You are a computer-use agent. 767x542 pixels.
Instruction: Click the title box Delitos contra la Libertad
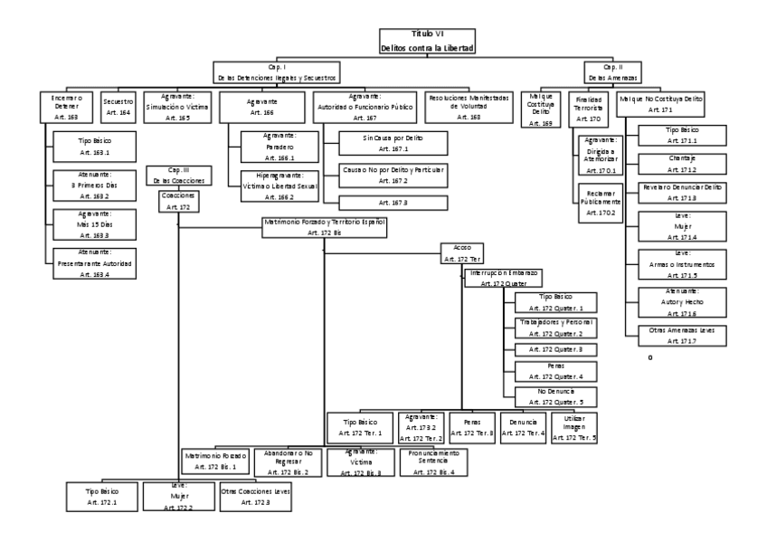428,40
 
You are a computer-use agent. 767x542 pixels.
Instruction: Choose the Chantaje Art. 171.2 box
682,162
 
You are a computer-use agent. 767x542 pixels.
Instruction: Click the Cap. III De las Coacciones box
178,175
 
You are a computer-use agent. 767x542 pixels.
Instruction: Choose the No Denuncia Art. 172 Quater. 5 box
554,396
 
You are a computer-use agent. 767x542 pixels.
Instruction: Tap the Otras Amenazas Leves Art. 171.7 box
682,335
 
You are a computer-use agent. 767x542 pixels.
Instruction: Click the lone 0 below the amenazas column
649,358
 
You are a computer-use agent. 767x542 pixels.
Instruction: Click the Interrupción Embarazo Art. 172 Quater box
503,277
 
